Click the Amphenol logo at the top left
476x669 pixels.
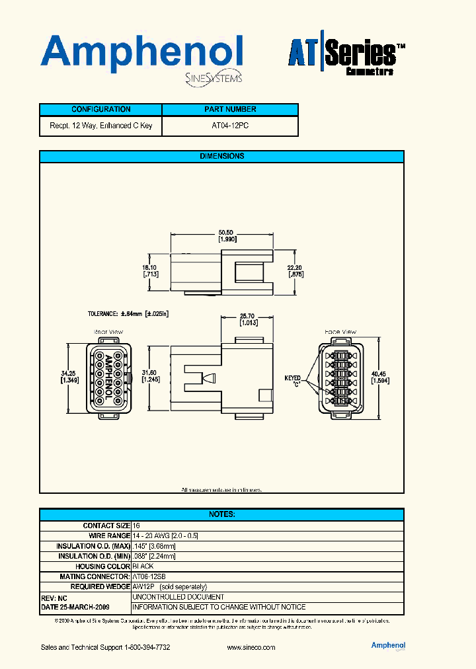142,56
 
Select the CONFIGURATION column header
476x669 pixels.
100,110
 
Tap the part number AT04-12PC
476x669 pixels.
230,126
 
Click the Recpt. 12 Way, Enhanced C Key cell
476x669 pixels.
100,126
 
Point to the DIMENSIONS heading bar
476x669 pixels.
221,157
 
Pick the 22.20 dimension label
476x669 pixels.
295,270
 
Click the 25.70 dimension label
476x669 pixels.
248,319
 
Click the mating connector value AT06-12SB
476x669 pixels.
150,576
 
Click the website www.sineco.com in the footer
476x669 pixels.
251,647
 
